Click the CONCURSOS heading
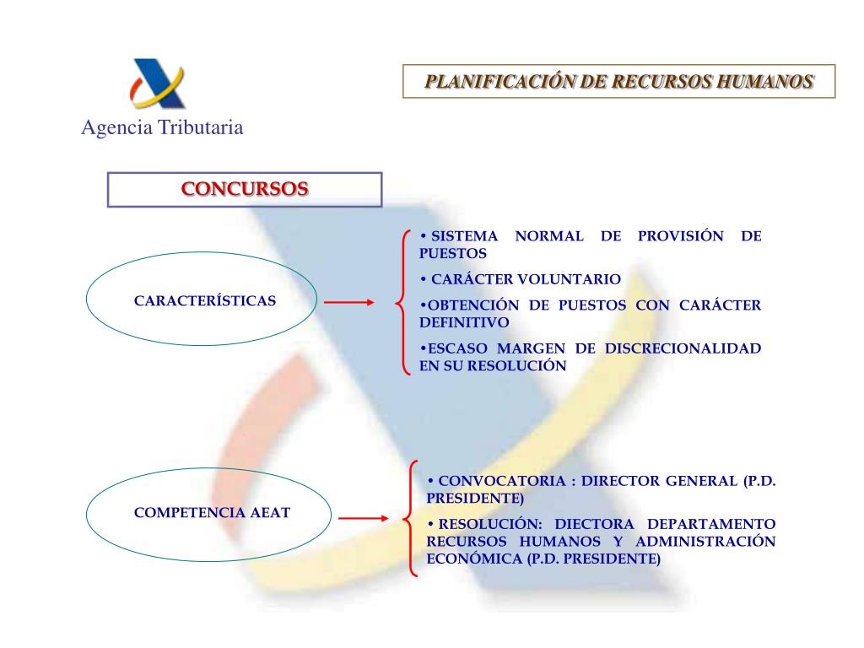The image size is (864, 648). tap(245, 188)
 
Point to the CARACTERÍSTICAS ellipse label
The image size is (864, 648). tap(205, 300)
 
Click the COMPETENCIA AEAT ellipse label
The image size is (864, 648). tap(212, 512)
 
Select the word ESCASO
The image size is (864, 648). tap(454, 348)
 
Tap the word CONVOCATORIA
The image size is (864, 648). tap(502, 481)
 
